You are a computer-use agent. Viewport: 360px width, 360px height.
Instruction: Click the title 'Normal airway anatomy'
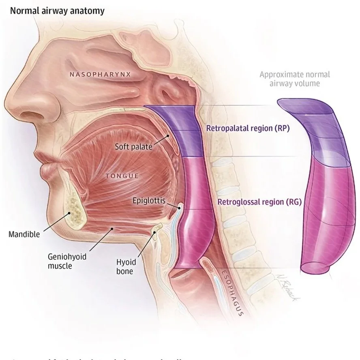[57, 11]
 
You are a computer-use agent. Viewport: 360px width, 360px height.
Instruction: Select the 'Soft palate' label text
[133, 146]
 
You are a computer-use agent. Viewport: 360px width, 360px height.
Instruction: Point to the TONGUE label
[122, 176]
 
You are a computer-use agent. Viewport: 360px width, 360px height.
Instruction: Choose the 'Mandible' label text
[24, 234]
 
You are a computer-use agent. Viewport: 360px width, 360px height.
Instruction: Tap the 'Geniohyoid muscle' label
[67, 261]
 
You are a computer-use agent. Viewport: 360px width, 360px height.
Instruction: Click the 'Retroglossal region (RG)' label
[259, 201]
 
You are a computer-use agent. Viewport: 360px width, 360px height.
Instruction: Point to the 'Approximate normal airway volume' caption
[294, 79]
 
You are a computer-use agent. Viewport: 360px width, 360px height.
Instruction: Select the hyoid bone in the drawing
[154, 232]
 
